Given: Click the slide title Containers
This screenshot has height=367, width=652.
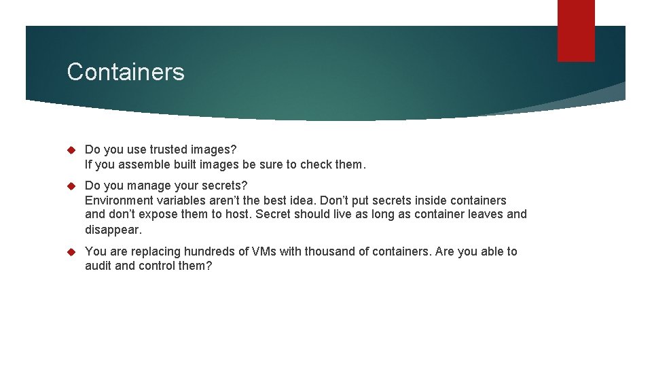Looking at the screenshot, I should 126,71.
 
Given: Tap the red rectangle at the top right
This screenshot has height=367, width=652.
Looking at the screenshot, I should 576,31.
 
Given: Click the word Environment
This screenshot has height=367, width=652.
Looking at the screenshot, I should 120,200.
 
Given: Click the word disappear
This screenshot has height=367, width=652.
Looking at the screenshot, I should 113,230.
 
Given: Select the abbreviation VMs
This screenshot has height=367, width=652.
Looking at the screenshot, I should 264,251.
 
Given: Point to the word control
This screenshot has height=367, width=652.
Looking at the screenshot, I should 158,266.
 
